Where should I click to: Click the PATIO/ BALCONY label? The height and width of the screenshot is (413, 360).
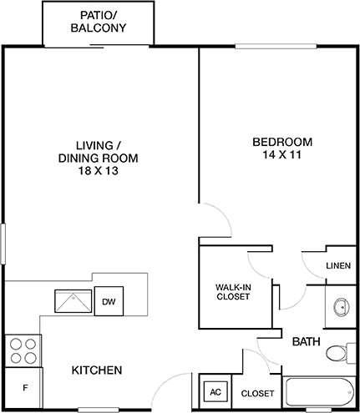click(99, 21)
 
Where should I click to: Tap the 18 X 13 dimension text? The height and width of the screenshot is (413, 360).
click(98, 171)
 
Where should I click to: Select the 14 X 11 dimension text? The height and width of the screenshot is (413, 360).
click(281, 154)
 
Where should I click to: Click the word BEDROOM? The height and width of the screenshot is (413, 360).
click(281, 140)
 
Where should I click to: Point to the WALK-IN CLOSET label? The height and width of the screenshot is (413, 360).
click(233, 290)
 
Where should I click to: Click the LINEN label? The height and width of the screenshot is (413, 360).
click(338, 265)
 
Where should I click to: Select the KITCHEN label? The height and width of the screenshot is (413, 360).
click(97, 370)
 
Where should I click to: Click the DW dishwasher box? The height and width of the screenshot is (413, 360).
click(108, 301)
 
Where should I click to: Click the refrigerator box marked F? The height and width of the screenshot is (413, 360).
click(24, 389)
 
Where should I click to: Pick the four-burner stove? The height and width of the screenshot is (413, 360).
click(23, 350)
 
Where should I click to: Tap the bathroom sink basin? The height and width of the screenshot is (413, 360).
click(341, 307)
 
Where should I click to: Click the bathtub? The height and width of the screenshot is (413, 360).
click(317, 392)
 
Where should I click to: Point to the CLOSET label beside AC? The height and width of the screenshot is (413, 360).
click(257, 393)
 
